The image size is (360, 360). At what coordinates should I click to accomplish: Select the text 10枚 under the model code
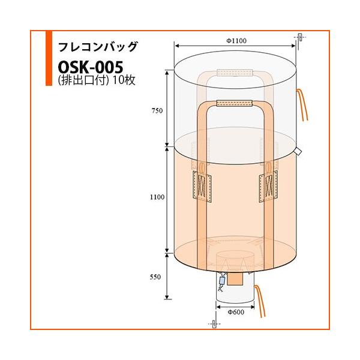coord(124,80)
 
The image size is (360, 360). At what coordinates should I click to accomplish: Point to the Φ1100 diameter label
coord(237,40)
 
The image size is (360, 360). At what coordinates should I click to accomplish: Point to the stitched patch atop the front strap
coord(233,104)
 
